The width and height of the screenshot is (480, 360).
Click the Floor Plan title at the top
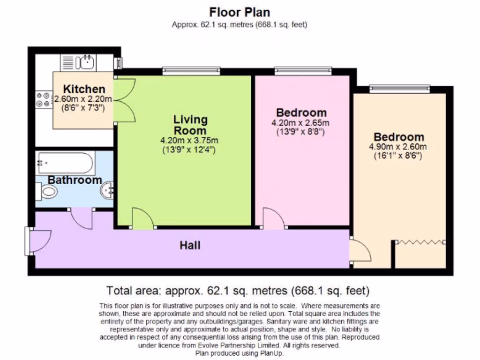(x=240, y=12)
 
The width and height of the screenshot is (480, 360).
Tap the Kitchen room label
(x=84, y=89)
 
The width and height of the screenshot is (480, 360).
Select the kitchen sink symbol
(x=85, y=61)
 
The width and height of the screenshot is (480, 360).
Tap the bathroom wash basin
(x=108, y=190)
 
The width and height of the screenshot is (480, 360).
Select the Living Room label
(x=189, y=125)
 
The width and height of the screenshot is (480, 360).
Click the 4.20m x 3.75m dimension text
(x=189, y=140)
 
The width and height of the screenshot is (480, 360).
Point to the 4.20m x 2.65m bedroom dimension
(x=300, y=123)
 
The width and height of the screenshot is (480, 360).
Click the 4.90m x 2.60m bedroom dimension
(x=398, y=147)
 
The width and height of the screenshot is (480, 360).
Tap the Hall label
(x=190, y=245)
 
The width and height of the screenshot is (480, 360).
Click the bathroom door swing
(x=81, y=218)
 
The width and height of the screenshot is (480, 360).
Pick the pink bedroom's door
(x=273, y=218)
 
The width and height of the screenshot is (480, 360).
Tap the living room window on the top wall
(x=191, y=71)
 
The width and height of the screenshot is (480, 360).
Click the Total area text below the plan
(x=239, y=290)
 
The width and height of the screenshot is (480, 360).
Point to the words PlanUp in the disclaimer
(x=271, y=354)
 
